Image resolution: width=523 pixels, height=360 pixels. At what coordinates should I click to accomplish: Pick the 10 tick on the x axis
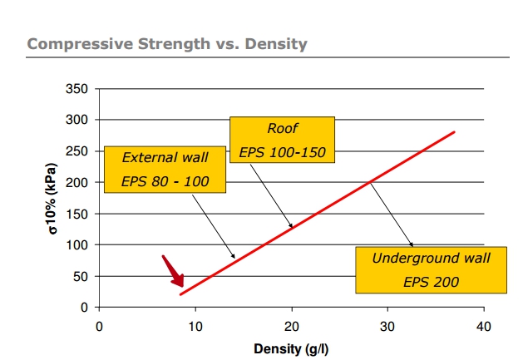tap(195, 325)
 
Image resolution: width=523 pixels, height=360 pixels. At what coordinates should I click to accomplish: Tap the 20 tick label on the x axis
tap(291, 325)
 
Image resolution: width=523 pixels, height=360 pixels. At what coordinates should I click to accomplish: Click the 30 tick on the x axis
tap(387, 325)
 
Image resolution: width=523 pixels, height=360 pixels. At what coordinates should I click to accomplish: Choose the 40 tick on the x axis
tap(482, 325)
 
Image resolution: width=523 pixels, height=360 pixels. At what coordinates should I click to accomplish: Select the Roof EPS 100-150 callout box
tap(282, 140)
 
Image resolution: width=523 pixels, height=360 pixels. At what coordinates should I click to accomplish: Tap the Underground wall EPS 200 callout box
tap(431, 270)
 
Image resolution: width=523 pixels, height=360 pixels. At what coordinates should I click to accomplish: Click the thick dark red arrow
tap(174, 272)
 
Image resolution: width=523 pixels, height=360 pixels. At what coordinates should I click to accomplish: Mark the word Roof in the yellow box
tap(282, 129)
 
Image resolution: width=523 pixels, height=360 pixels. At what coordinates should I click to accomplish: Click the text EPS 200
tap(431, 282)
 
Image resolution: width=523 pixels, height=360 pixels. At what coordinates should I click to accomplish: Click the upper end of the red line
tap(454, 131)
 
